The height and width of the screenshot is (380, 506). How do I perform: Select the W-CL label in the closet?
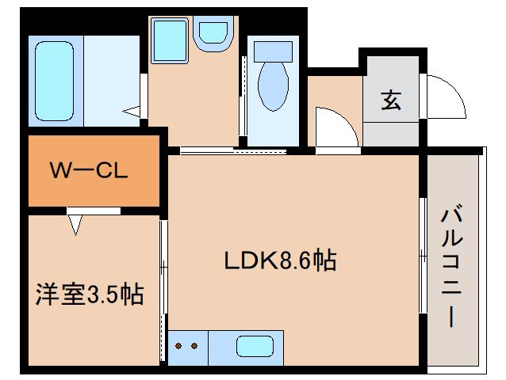89,170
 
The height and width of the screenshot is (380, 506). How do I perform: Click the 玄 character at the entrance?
390,101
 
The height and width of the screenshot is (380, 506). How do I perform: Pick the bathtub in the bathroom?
54,80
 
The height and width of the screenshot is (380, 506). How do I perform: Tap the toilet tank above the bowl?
273,48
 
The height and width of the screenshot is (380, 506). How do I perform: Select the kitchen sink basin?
255,347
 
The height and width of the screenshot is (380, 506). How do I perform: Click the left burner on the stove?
178,347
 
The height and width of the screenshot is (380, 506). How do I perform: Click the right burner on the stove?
194,347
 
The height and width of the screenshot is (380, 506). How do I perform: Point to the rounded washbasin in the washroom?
213,33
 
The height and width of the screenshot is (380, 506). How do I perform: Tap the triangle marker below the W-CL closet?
75,225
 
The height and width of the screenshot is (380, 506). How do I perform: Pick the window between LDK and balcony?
422,253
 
